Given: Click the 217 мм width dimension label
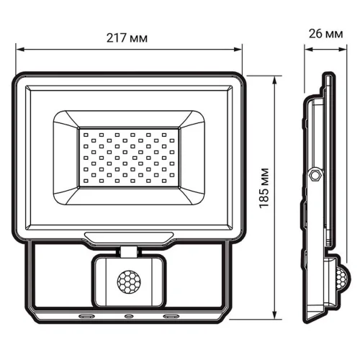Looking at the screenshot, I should point(129,37).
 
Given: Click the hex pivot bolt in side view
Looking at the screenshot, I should point(315,175).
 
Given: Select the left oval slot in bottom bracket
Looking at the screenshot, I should point(86,316).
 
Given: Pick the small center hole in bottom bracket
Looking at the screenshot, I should point(128,316).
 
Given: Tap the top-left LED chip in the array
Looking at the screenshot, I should point(84,134).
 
